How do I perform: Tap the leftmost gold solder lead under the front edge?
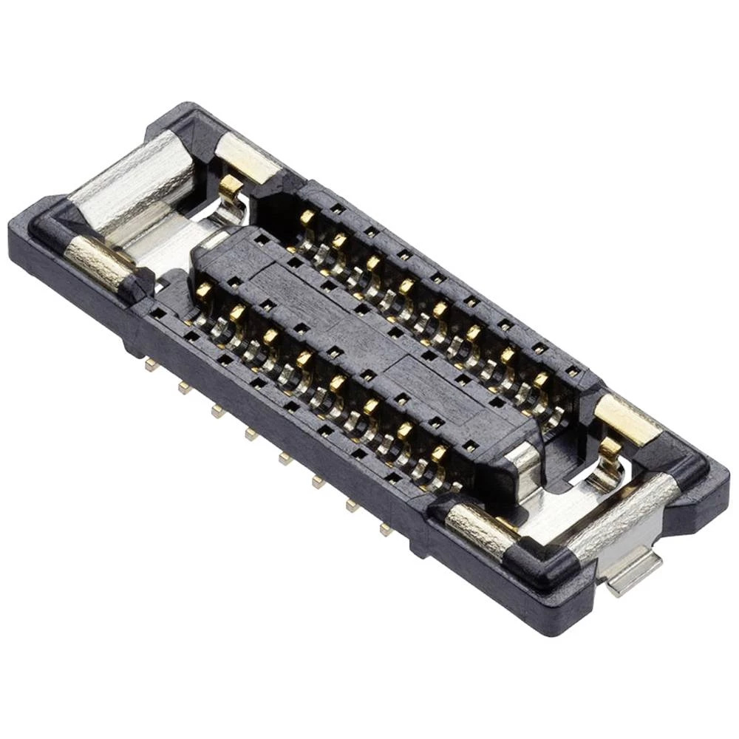click(151, 365)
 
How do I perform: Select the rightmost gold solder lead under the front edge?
click(385, 529)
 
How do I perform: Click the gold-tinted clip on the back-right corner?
click(627, 418)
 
